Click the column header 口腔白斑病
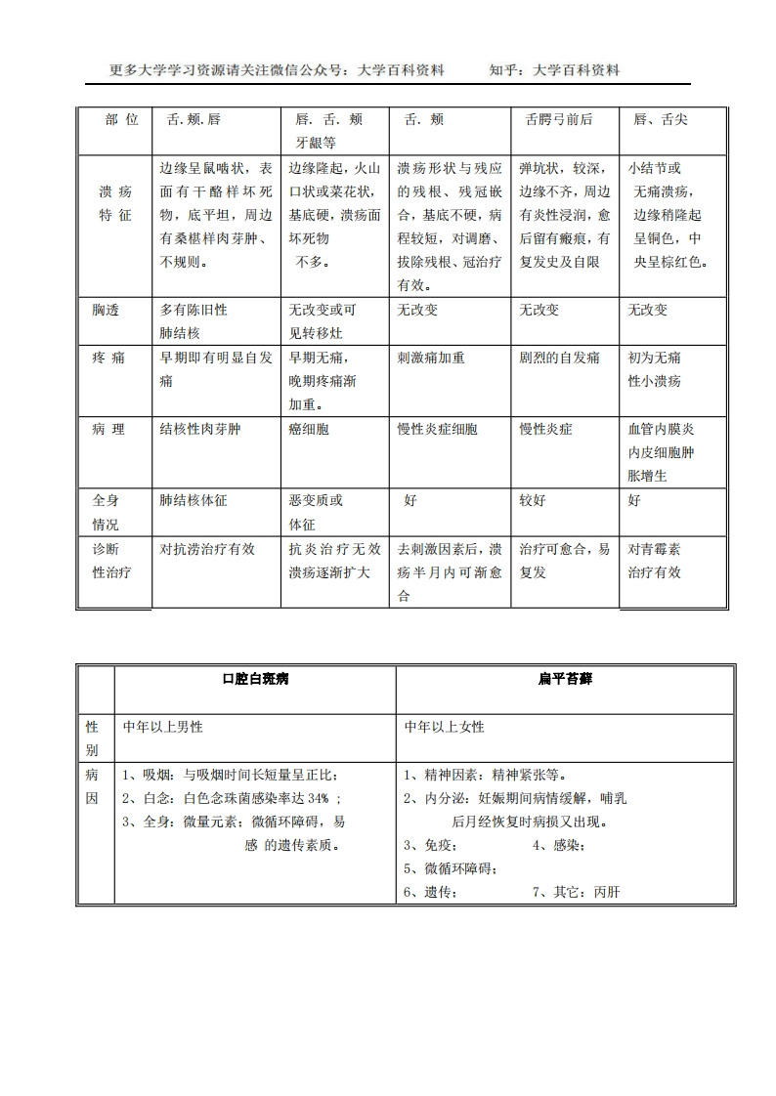point(255,679)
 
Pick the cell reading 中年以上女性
point(445,728)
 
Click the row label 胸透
point(106,310)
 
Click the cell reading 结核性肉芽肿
point(199,429)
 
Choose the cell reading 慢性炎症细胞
point(438,429)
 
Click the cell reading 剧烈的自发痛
point(560,358)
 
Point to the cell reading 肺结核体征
point(194,500)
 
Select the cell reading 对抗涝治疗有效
point(207,549)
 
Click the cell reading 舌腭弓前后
point(559,119)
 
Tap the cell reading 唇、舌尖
point(660,119)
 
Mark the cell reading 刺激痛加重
point(431,358)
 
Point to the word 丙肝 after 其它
point(606,892)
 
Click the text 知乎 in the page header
point(502,70)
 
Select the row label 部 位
point(122,119)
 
